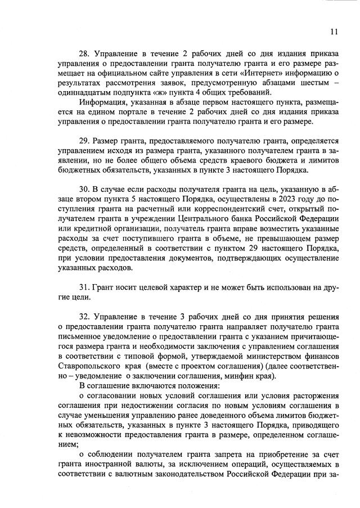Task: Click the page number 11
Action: pos(334,32)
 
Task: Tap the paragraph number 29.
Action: pos(84,140)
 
